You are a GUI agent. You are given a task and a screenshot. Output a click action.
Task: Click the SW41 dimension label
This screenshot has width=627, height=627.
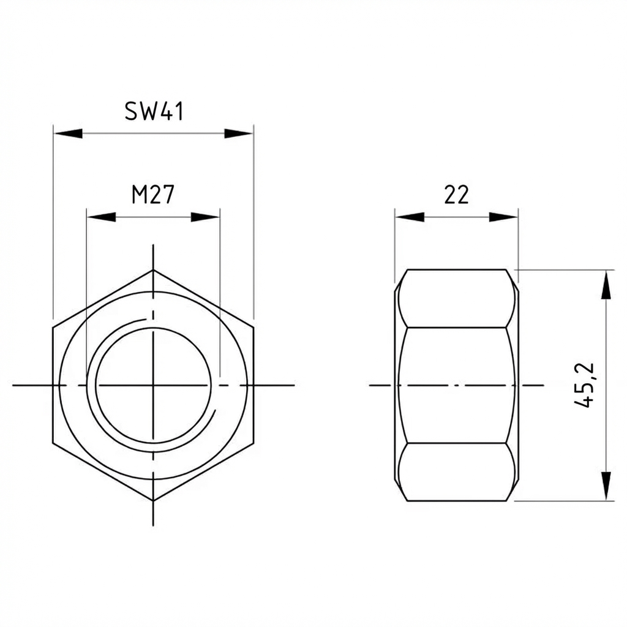pos(154,111)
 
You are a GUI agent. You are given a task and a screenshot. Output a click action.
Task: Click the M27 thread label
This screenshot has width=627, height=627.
pos(153,195)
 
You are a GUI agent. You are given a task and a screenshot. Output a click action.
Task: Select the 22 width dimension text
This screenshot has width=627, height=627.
pos(456,195)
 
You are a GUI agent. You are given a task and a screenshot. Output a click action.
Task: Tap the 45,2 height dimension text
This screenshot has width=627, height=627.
pos(585,385)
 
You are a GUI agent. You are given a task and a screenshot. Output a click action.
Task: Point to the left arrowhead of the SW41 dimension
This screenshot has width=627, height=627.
pos(68,133)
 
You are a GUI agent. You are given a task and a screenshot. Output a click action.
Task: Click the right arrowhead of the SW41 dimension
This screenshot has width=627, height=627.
pos(238,133)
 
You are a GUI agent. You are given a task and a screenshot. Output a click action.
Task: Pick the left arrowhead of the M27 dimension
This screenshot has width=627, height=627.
pos(102,217)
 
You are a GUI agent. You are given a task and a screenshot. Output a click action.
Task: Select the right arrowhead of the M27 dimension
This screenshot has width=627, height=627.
pos(205,217)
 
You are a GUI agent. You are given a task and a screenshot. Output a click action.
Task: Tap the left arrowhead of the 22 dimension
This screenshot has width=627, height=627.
pos(410,217)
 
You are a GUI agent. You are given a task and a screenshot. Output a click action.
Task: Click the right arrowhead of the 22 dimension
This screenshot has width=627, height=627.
pos(503,217)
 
